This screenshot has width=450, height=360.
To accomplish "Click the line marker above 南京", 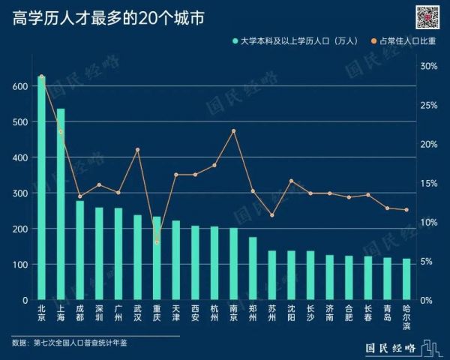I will click(233, 130).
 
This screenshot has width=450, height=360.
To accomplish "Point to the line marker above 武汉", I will click(137, 149).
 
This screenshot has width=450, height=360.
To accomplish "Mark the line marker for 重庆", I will click(157, 241).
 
